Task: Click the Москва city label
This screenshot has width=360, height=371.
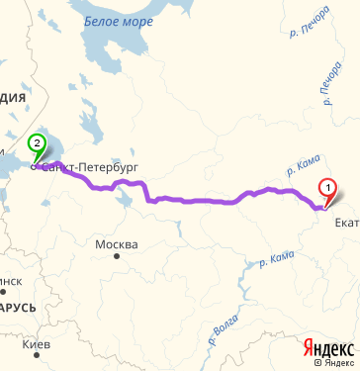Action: [116, 243]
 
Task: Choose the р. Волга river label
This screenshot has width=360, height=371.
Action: [222, 332]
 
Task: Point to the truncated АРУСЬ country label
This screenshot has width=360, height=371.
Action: [18, 307]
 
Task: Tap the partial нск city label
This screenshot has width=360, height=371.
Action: [10, 281]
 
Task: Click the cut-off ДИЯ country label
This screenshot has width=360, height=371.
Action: [12, 97]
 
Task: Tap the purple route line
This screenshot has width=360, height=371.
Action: [198, 201]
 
